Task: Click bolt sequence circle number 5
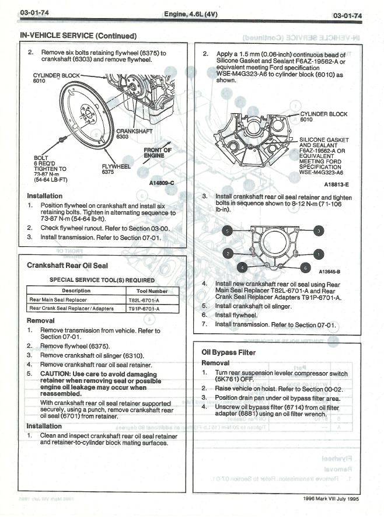coord(228,231)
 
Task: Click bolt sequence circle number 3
coord(318,230)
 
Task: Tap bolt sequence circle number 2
coord(229,254)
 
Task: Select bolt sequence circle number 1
coord(318,254)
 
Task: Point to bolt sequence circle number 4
coord(242,267)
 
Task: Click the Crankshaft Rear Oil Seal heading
coord(67,266)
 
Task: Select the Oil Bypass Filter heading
coord(228,352)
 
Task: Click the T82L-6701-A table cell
coord(144,299)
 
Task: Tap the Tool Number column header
coord(152,290)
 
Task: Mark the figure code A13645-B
coord(330,271)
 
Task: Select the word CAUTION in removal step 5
coord(57,373)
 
